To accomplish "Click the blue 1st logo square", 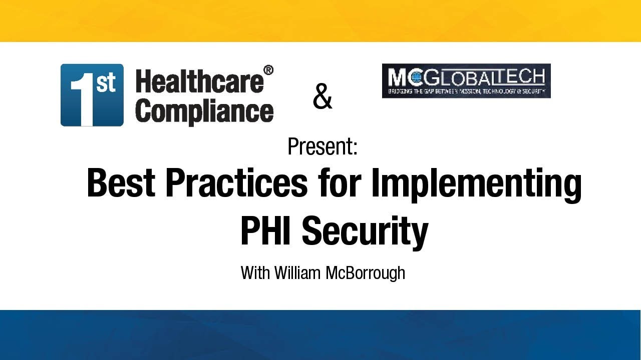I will [x=92, y=94].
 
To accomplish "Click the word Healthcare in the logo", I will [x=199, y=81].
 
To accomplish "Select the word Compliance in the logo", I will [x=204, y=110].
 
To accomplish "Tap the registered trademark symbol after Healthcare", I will [x=268, y=70].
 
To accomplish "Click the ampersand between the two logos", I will [x=322, y=97].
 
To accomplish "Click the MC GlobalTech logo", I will [x=466, y=80].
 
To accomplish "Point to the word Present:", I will [x=322, y=146].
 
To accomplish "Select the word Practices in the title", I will [x=236, y=183].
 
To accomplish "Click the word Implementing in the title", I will [x=476, y=185].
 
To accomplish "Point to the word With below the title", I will [x=255, y=272].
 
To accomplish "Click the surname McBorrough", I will [x=365, y=273].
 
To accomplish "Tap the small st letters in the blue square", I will [x=106, y=83].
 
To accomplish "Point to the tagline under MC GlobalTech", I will [x=466, y=92].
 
